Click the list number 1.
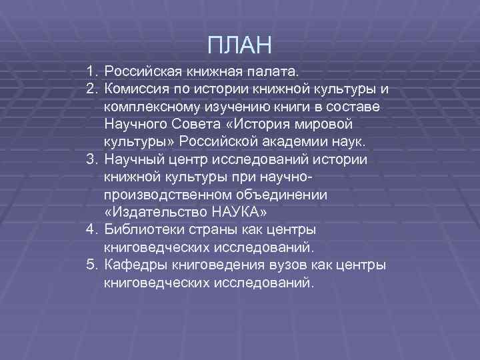click(91, 71)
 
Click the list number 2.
click(91, 89)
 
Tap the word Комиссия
click(138, 89)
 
